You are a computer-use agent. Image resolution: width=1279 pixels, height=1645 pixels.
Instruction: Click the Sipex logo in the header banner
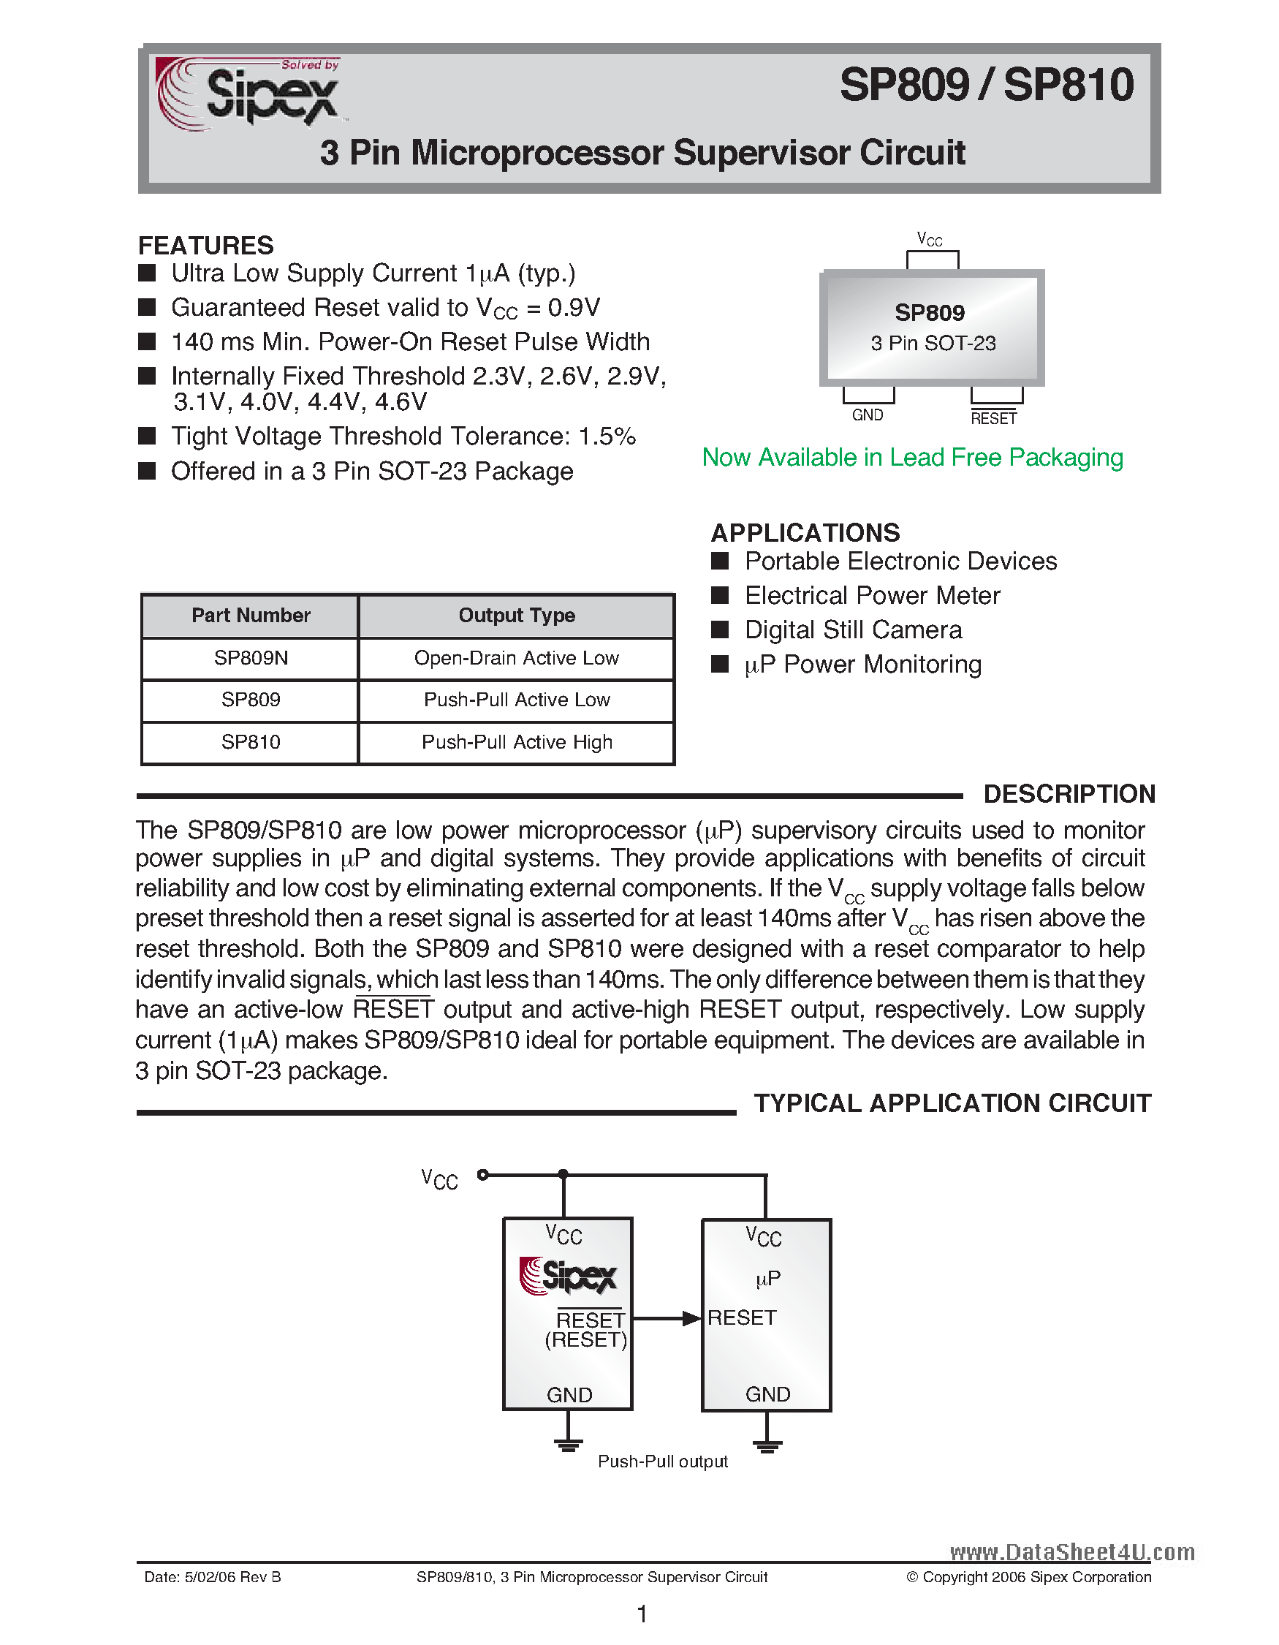coord(248,94)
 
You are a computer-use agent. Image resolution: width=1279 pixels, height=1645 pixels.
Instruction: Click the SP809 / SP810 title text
coord(986,85)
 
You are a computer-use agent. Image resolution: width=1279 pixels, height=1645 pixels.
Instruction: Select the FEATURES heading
coord(205,246)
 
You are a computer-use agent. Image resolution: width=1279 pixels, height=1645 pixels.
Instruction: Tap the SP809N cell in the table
coord(251,658)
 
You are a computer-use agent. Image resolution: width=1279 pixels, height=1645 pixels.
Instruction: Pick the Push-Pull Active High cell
coord(517,743)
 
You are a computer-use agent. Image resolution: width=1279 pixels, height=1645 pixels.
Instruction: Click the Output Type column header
coord(517,616)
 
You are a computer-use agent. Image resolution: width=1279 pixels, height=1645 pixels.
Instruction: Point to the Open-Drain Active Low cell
coord(517,658)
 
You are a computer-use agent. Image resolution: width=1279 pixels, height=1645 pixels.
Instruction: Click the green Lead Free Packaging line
coord(911,457)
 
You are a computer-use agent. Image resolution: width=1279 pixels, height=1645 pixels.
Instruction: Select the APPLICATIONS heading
coord(805,532)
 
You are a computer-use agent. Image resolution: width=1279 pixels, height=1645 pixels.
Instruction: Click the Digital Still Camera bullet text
coord(853,629)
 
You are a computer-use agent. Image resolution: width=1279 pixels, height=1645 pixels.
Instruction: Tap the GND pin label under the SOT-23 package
coord(868,415)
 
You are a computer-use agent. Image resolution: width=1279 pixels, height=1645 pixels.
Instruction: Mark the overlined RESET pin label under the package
coord(993,418)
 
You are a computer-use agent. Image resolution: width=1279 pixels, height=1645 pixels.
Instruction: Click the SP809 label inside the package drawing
coord(930,313)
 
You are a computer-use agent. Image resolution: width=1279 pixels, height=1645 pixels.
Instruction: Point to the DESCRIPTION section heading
coord(1069,794)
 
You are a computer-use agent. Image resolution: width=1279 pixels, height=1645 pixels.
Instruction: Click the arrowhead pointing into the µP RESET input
coord(691,1318)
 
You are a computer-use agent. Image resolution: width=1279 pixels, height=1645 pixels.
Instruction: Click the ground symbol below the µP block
coord(767,1445)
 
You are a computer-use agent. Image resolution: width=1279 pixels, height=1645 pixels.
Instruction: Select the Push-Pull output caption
coord(662,1462)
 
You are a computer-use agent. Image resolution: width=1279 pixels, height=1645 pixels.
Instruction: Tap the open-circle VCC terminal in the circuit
coord(483,1174)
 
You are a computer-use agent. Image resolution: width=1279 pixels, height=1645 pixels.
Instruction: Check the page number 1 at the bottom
coord(642,1614)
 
